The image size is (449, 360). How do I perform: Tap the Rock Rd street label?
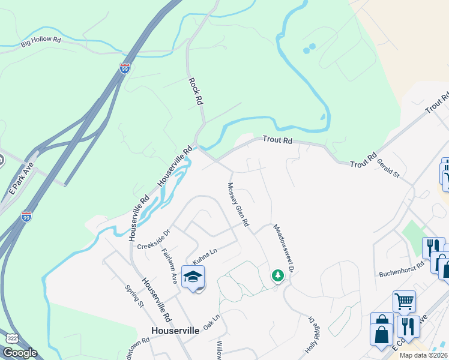196,92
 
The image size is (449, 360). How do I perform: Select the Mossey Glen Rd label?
238,205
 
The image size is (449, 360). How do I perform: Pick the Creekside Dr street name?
154,239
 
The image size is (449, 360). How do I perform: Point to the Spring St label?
134,295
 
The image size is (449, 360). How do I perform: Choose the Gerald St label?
388,168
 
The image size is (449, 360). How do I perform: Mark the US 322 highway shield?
11,338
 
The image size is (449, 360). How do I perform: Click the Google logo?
20,352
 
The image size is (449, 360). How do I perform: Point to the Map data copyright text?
423,355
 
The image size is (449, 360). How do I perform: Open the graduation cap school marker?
193,278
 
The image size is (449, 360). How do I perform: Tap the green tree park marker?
277,275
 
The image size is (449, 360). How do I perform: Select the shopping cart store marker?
405,301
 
